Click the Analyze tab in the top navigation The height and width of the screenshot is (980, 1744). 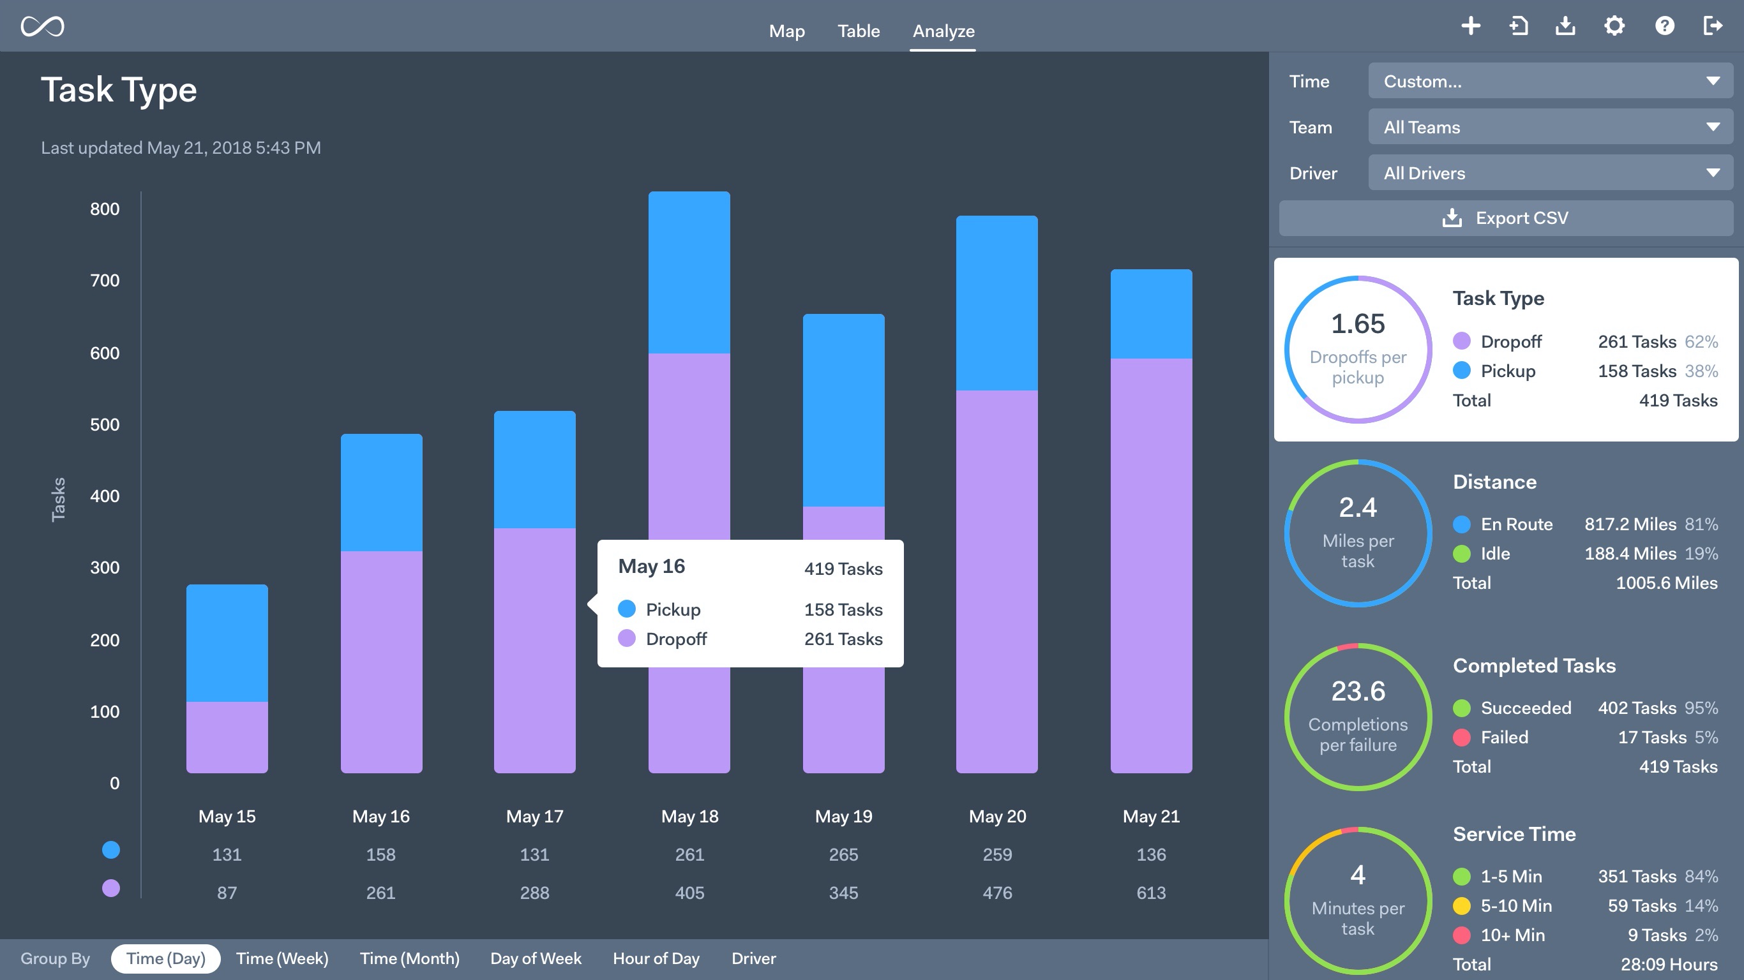click(943, 31)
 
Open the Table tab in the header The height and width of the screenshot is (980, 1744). click(858, 31)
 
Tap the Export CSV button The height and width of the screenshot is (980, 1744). click(1506, 218)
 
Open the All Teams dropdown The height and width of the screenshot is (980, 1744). click(1550, 127)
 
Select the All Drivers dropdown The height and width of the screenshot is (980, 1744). click(1550, 174)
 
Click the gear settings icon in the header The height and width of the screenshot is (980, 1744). click(1614, 26)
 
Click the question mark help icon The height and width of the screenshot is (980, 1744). click(1664, 26)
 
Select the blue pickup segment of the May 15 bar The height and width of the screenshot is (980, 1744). click(227, 643)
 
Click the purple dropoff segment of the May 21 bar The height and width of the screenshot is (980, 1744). click(1151, 565)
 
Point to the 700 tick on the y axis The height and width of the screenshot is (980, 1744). click(104, 280)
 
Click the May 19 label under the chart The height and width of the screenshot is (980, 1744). click(843, 816)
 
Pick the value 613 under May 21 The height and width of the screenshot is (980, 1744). click(1151, 893)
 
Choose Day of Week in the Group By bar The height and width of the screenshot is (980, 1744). click(536, 958)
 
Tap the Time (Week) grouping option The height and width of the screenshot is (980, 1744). click(282, 958)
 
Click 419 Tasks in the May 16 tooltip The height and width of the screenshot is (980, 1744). click(843, 568)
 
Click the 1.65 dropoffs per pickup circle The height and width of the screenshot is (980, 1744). click(1357, 349)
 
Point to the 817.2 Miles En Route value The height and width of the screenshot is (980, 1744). click(1630, 524)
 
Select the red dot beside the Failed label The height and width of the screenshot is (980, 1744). click(1462, 737)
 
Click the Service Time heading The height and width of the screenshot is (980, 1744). click(1514, 834)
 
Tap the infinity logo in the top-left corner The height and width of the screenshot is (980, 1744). click(42, 26)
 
